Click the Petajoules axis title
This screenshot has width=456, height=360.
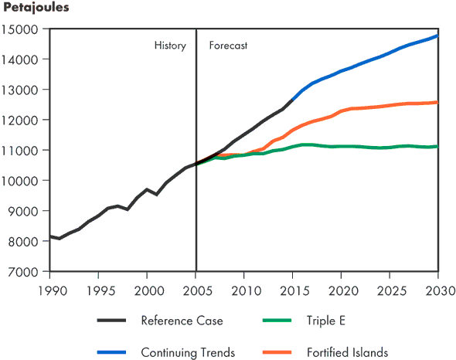(36, 8)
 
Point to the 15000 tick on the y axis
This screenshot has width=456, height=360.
(23, 29)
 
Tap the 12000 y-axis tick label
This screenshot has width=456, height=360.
(23, 121)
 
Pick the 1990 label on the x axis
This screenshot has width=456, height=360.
(49, 289)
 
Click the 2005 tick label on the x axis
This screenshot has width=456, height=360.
(196, 289)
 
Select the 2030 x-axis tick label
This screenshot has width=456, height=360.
(438, 289)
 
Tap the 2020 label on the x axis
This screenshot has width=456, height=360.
(341, 289)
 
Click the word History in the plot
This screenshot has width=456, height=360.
(170, 46)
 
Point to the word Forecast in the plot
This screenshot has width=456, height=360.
(228, 46)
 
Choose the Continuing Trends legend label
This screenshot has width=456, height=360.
(188, 352)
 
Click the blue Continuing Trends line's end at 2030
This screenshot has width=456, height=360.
(437, 36)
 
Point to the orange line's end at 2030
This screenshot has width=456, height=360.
(437, 102)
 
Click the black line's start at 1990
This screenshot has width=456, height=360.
(50, 236)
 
